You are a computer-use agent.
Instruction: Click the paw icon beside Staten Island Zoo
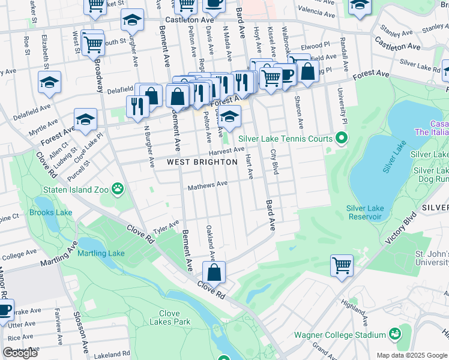click(x=118, y=190)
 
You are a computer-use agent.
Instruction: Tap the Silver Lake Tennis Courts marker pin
click(x=342, y=139)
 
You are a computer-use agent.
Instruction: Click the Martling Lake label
click(x=101, y=253)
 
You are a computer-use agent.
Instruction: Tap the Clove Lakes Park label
click(x=175, y=317)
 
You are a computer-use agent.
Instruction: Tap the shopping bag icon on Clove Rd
click(x=214, y=272)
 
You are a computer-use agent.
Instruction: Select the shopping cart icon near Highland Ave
click(x=342, y=265)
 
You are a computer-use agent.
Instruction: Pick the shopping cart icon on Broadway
click(x=92, y=43)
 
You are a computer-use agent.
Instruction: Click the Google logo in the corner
click(x=20, y=353)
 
